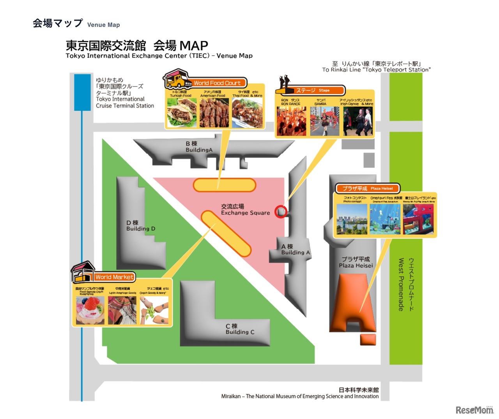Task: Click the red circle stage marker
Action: pyautogui.click(x=281, y=212)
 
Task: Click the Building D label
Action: pyautogui.click(x=140, y=226)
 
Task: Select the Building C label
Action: pyautogui.click(x=240, y=329)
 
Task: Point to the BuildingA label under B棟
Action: pyautogui.click(x=199, y=150)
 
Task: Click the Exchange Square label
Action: pyautogui.click(x=245, y=210)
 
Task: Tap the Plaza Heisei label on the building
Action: pyautogui.click(x=356, y=262)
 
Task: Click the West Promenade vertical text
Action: pyautogui.click(x=401, y=284)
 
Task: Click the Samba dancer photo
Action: pyautogui.click(x=324, y=121)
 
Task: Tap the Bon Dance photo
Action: pyautogui.click(x=291, y=121)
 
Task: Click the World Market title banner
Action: pyautogui.click(x=115, y=277)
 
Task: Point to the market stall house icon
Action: pyautogui.click(x=83, y=272)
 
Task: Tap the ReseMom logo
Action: pyautogui.click(x=474, y=410)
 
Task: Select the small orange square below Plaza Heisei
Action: pyautogui.click(x=368, y=339)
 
